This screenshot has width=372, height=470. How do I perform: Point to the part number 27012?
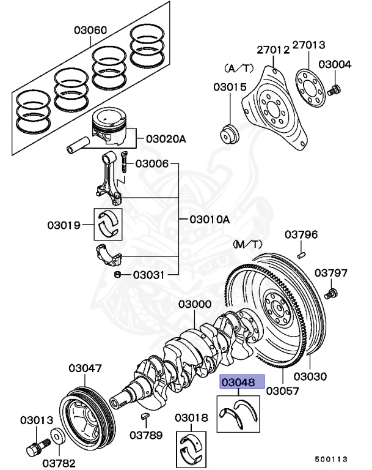(272, 50)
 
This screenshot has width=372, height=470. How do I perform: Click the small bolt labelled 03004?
(333, 91)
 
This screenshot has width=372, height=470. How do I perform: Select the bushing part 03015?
(230, 134)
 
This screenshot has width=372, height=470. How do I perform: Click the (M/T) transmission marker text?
(247, 244)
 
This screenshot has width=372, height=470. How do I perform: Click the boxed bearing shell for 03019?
(108, 224)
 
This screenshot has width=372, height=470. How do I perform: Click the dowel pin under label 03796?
(302, 250)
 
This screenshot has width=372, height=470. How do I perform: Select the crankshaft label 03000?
(195, 304)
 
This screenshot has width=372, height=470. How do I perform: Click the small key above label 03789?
(145, 416)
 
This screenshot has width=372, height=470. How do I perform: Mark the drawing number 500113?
(332, 458)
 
